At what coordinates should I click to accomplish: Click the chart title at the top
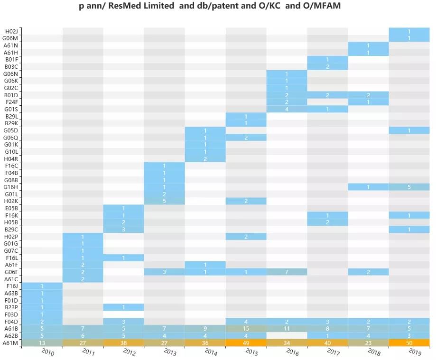pyautogui.click(x=209, y=7)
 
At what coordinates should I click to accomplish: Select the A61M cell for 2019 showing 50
pyautogui.click(x=409, y=343)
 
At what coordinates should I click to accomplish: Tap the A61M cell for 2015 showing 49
pyautogui.click(x=246, y=343)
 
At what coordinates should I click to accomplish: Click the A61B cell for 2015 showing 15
pyautogui.click(x=246, y=329)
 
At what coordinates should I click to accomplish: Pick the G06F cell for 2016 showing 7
pyautogui.click(x=287, y=272)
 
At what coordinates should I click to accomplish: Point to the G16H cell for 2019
pyautogui.click(x=409, y=187)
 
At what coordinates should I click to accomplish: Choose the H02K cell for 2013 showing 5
pyautogui.click(x=164, y=201)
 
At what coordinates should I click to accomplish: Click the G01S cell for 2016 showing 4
pyautogui.click(x=287, y=109)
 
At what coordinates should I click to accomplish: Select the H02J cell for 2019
pyautogui.click(x=409, y=31)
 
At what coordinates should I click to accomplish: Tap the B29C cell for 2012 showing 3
pyautogui.click(x=123, y=230)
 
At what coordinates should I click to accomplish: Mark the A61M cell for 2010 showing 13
pyautogui.click(x=42, y=343)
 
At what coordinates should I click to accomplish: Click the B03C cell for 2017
pyautogui.click(x=327, y=66)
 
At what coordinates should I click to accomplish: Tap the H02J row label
pyautogui.click(x=10, y=31)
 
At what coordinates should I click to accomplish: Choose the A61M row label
pyautogui.click(x=10, y=343)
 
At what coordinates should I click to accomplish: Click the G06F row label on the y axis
pyautogui.click(x=10, y=272)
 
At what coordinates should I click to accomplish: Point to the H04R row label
pyautogui.click(x=10, y=159)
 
